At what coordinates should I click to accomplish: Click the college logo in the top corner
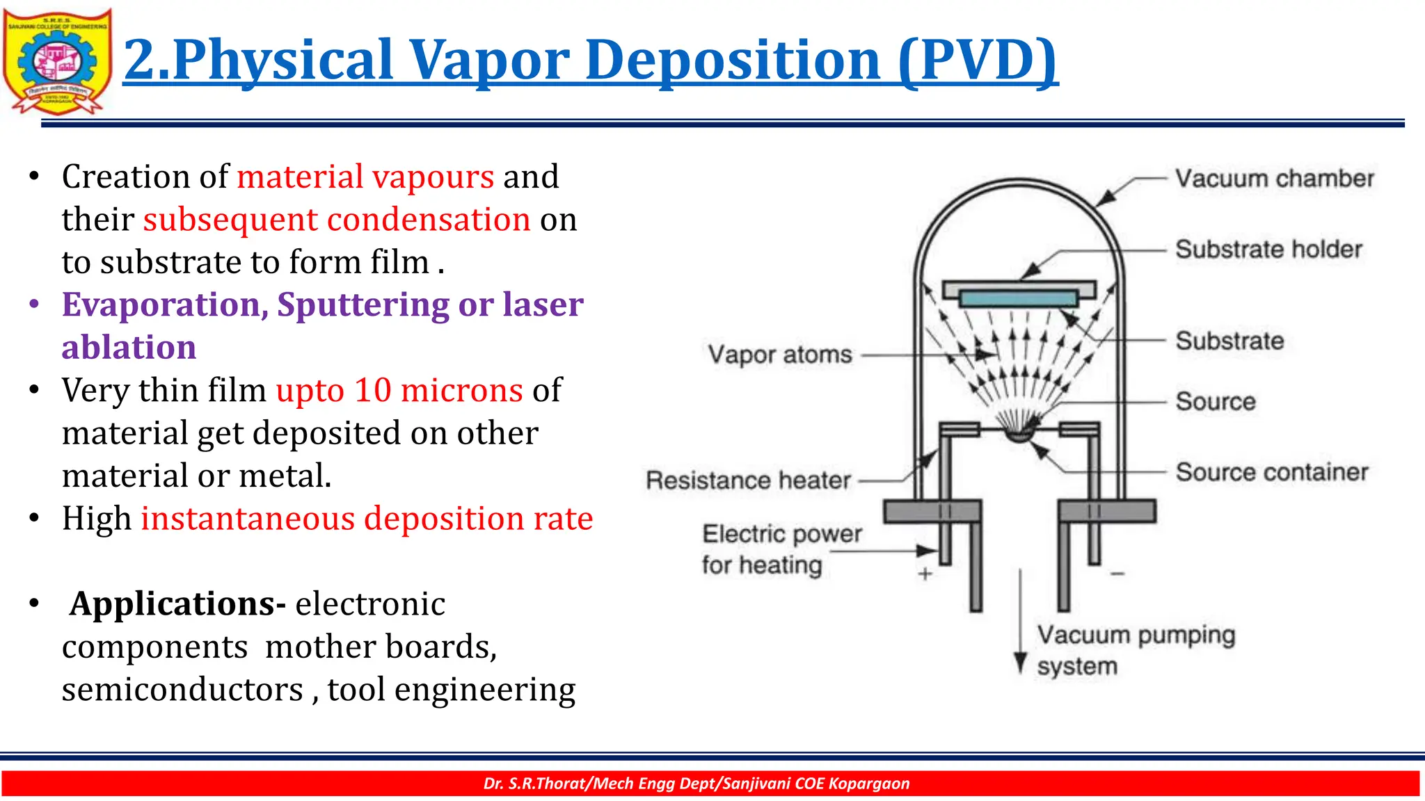point(57,61)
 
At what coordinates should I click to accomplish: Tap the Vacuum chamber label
point(1275,179)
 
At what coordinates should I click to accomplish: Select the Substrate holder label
point(1268,249)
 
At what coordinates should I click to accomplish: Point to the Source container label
point(1272,472)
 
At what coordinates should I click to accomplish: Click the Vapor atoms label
point(780,355)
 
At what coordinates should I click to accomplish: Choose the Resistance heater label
point(748,480)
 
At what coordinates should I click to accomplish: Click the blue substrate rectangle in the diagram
point(1019,299)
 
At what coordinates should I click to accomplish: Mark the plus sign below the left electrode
point(925,574)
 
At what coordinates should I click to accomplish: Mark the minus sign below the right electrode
point(1117,574)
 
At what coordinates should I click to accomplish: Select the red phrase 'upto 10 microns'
point(399,390)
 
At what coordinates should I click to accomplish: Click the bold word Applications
point(177,604)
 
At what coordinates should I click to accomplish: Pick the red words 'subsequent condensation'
point(337,220)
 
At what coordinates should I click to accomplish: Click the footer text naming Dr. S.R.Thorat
point(696,784)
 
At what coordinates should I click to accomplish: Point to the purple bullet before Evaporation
point(34,305)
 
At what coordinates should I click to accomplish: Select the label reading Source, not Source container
point(1216,401)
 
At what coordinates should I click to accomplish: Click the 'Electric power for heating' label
point(781,549)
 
